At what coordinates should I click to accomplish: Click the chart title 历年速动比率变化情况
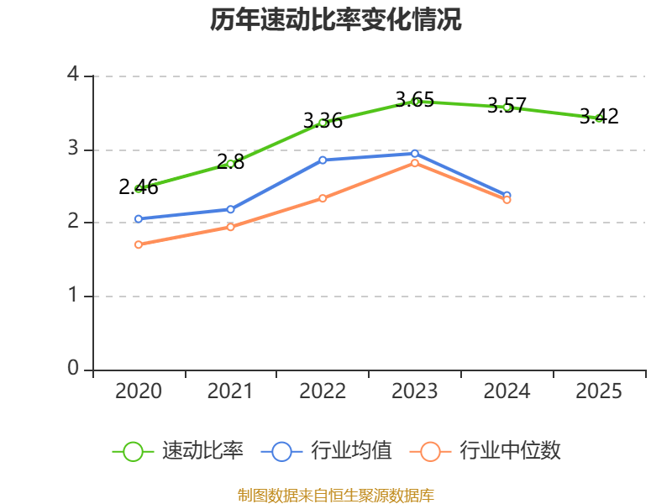[336, 20]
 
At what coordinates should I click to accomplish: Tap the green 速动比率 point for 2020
[139, 188]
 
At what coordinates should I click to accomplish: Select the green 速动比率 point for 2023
[415, 102]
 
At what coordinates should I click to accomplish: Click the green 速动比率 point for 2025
[598, 118]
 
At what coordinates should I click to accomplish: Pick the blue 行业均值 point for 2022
[323, 160]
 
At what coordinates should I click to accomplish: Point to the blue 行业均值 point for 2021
[230, 209]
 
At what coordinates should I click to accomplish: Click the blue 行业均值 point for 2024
[507, 195]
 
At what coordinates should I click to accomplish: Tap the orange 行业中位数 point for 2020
[139, 244]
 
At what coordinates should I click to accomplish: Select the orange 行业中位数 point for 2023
[415, 163]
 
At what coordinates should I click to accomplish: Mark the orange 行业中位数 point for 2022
[323, 198]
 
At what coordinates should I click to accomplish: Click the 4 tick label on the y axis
[73, 76]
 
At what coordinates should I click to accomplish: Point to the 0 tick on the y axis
[73, 370]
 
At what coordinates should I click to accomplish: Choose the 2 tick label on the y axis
[73, 223]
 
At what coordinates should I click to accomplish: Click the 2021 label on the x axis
[230, 391]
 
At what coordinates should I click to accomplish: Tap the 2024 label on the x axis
[507, 391]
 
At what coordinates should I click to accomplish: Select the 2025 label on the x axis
[598, 391]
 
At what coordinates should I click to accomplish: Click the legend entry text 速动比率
[202, 451]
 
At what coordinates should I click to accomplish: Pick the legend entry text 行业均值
[351, 451]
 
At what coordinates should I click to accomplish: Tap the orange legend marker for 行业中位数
[431, 451]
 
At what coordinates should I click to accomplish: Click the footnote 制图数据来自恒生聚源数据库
[336, 495]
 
